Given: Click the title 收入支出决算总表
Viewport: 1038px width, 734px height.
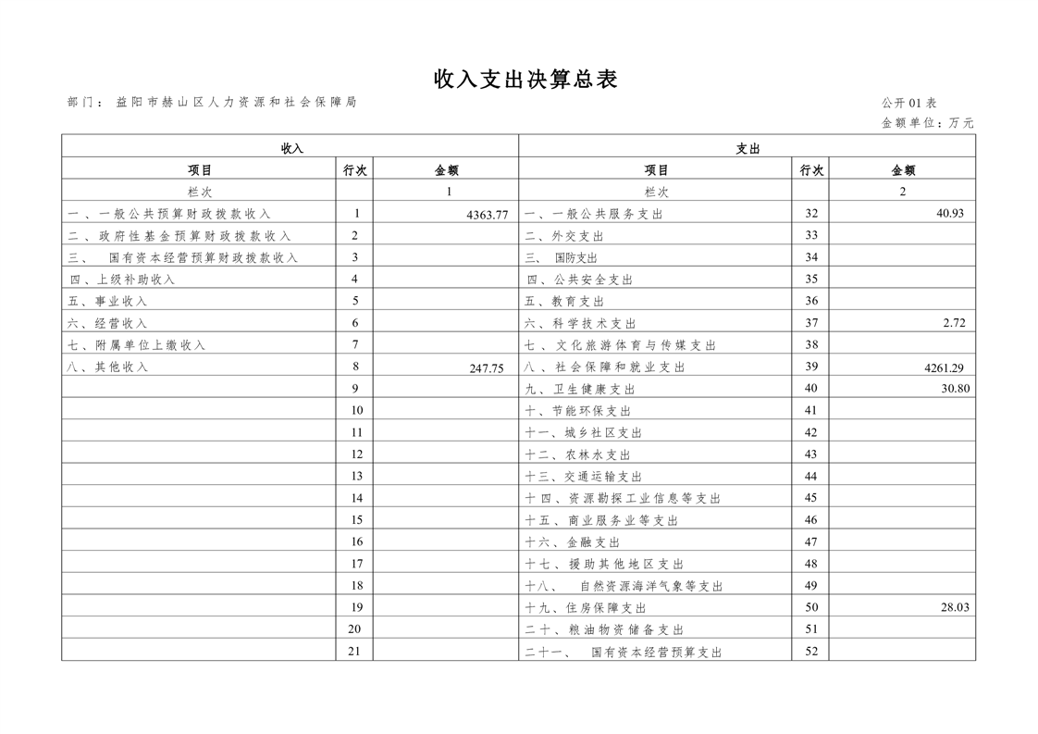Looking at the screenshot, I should [x=525, y=80].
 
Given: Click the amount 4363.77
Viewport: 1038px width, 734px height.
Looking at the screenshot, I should [x=487, y=215].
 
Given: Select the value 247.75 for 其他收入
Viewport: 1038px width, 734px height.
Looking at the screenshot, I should [x=487, y=367].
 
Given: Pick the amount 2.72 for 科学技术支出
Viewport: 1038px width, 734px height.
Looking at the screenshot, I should [x=954, y=323].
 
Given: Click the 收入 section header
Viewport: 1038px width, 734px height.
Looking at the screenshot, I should [x=291, y=148].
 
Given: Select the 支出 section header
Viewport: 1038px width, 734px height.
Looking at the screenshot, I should [x=748, y=148].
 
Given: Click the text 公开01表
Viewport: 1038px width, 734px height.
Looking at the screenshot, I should [x=908, y=103].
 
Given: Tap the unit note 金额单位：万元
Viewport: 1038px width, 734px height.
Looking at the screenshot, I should [x=927, y=122].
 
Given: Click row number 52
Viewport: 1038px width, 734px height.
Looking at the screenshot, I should [x=810, y=652].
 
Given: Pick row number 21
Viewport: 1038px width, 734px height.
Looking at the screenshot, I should [x=354, y=652].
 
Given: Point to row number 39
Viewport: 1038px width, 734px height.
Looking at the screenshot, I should [x=810, y=367].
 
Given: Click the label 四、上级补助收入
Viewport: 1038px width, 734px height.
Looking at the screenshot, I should [x=122, y=280].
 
